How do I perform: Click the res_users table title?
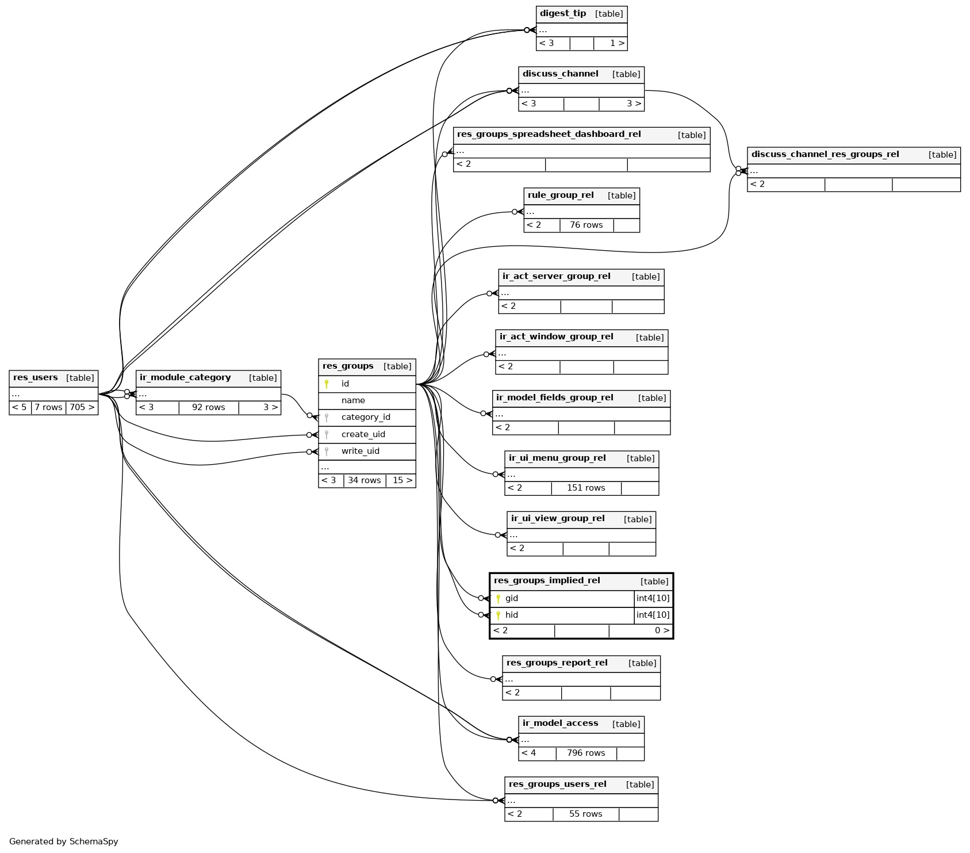point(36,378)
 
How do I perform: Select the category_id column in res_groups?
point(366,418)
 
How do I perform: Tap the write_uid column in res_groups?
point(361,452)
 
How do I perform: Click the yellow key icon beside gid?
point(498,599)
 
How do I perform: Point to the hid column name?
point(512,615)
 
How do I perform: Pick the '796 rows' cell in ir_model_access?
point(586,753)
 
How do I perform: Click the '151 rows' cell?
point(586,488)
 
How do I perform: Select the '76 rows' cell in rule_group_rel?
point(586,225)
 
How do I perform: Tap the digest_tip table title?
point(563,14)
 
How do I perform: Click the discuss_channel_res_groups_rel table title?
point(825,155)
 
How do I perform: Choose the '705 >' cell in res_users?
point(82,408)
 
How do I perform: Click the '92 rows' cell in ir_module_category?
point(208,408)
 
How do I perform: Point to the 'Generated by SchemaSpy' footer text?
point(64,841)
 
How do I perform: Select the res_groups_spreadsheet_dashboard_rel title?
point(549,135)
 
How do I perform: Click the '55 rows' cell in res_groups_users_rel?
point(585,814)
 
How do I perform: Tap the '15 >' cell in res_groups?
point(402,481)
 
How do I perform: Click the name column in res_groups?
point(353,401)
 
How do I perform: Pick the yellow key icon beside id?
point(327,384)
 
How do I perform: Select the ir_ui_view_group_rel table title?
point(558,519)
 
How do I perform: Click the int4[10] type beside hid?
point(653,615)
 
